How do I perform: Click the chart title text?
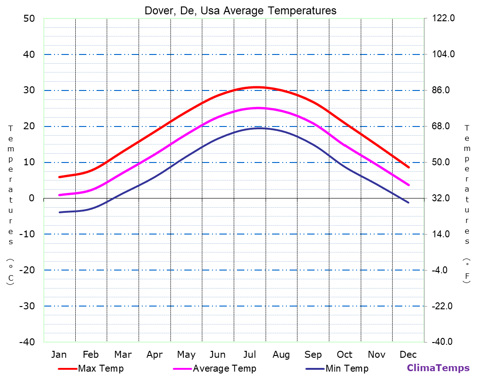[240, 10]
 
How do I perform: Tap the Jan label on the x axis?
[59, 355]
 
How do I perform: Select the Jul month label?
[249, 355]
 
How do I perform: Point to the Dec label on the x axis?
[408, 355]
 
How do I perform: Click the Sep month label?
[313, 355]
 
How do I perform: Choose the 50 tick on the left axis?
[29, 18]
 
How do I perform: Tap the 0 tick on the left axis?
[32, 198]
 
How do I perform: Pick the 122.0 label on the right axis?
[444, 18]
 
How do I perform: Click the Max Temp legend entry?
[101, 368]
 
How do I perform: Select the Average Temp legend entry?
[224, 368]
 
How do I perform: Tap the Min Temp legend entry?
[346, 368]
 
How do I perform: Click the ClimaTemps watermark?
[438, 368]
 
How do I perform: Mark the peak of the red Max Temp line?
[257, 87]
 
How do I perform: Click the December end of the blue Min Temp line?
[408, 203]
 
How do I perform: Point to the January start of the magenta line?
[59, 195]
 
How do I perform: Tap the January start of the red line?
[59, 177]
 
